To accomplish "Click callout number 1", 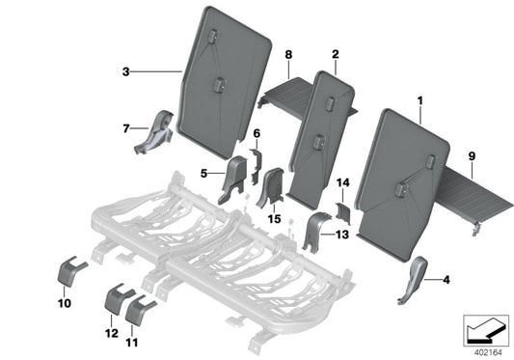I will (419, 100).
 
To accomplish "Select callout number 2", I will (335, 55).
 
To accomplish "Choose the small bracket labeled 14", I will (340, 206).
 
